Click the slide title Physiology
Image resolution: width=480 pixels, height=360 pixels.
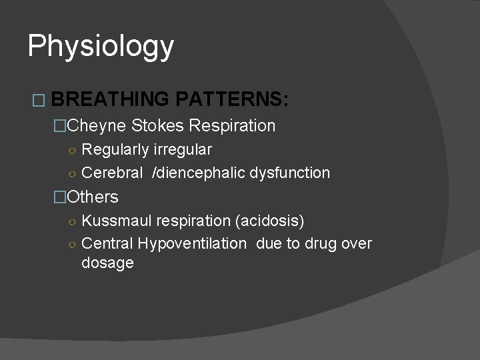tap(101, 47)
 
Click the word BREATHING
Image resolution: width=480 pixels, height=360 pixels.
tap(109, 100)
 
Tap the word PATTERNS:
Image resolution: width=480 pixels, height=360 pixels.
tap(233, 100)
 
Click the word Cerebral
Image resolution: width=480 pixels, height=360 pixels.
tap(112, 173)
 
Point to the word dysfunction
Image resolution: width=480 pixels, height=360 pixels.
tap(290, 173)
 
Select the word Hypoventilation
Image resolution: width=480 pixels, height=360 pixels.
tap(190, 243)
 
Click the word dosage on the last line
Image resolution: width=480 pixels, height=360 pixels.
tap(107, 263)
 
